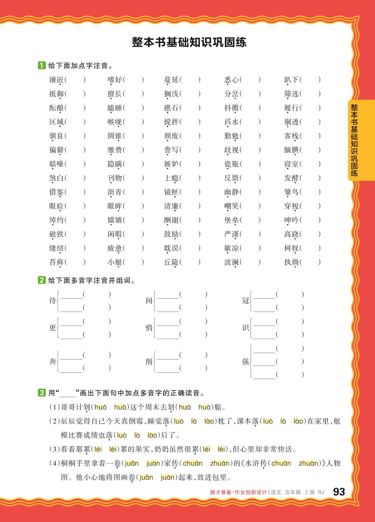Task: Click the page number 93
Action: pos(339,492)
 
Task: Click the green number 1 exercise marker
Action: pos(42,65)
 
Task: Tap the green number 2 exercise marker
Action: pos(42,281)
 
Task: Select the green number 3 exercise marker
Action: pos(42,393)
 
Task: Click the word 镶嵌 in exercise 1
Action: pos(57,80)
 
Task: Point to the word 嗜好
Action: pos(115,80)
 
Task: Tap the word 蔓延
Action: pos(171,80)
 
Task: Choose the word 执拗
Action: pos(291,262)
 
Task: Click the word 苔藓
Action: pos(57,262)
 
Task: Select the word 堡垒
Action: pos(232,220)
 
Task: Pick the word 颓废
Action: pos(171,136)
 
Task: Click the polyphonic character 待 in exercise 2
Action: pos(53,301)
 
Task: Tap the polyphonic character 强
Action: pos(246,362)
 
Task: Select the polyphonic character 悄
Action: pos(149,328)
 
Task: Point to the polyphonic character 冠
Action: pos(246,301)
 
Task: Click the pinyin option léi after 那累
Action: pos(98,449)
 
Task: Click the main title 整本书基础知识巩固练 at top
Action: pos(189,42)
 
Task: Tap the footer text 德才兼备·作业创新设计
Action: pos(238,492)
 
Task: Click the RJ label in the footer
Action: pos(321,492)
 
